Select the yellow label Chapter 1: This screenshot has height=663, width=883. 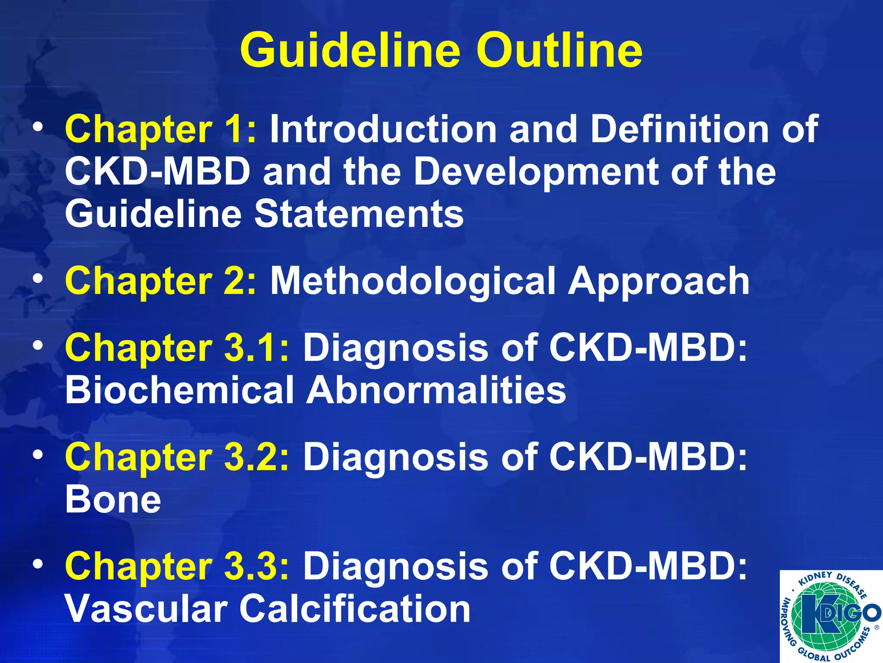pyautogui.click(x=160, y=129)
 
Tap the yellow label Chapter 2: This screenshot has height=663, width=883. pyautogui.click(x=160, y=281)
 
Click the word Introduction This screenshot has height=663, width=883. pyautogui.click(x=383, y=129)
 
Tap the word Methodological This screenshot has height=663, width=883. pyautogui.click(x=413, y=281)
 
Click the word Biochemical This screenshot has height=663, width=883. pyautogui.click(x=179, y=390)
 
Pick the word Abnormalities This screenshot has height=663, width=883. pyautogui.click(x=436, y=390)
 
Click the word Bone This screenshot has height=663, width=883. pyautogui.click(x=113, y=499)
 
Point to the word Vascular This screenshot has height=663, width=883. pyautogui.click(x=146, y=609)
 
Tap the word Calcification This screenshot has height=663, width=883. pyautogui.click(x=355, y=609)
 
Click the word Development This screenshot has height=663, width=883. pyautogui.click(x=536, y=172)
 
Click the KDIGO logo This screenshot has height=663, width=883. pyautogui.click(x=831, y=616)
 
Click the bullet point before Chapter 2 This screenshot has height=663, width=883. pyautogui.click(x=38, y=279)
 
